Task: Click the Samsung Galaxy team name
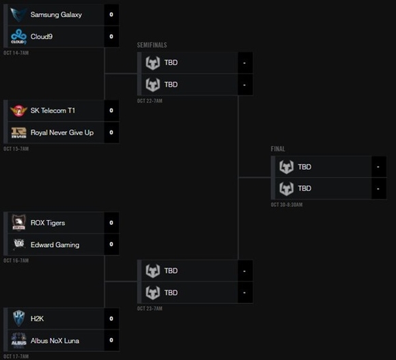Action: tap(56, 14)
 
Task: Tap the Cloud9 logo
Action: tap(18, 37)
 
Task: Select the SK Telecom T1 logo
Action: tap(18, 111)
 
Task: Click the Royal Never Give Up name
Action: tap(62, 133)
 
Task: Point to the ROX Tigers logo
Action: tap(19, 223)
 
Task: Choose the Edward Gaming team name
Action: tap(55, 245)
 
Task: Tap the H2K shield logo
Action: tap(19, 318)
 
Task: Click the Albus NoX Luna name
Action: tap(55, 341)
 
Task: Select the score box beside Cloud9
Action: tap(111, 37)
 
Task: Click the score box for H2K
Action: tap(111, 318)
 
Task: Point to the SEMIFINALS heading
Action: tap(152, 45)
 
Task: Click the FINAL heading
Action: tap(278, 149)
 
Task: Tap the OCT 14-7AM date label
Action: tap(16, 53)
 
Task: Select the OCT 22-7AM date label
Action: tap(150, 101)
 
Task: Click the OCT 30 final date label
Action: tap(287, 205)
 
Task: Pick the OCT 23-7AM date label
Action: tap(150, 309)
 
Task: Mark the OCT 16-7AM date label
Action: tap(16, 260)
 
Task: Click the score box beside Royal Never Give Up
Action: tap(111, 133)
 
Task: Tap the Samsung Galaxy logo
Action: tap(18, 14)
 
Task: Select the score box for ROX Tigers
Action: tap(111, 223)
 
